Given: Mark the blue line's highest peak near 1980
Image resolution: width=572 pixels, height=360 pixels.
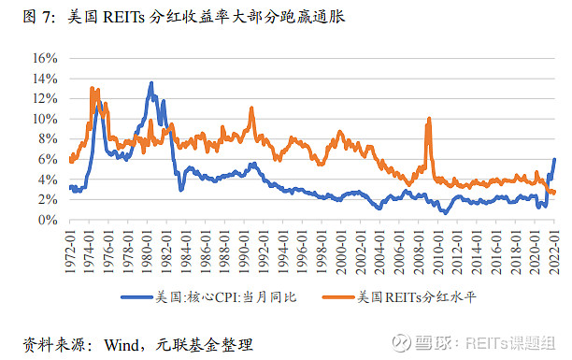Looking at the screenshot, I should tap(150, 83).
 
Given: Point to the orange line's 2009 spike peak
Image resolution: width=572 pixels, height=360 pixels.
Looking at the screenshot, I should tap(429, 119).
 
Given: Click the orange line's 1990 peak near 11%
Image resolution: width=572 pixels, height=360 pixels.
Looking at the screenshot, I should tap(251, 108).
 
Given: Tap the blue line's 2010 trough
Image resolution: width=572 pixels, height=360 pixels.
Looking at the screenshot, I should tap(446, 212).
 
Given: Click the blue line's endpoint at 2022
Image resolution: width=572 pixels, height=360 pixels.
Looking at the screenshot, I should tap(555, 160).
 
